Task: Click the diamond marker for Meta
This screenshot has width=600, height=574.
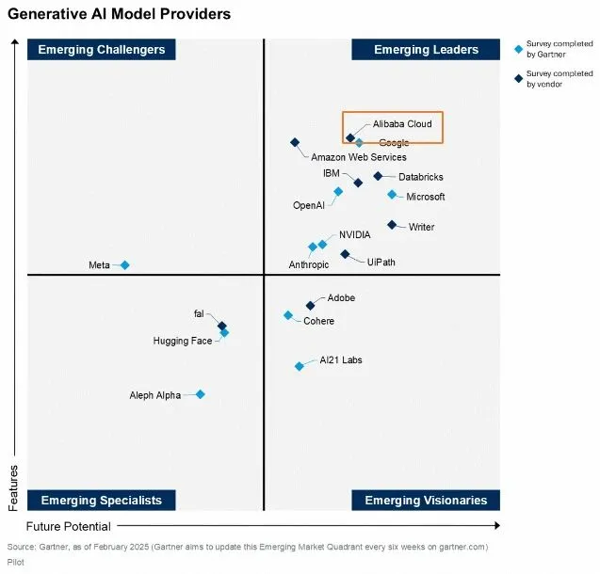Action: (x=124, y=265)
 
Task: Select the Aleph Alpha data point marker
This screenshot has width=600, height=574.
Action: (x=200, y=394)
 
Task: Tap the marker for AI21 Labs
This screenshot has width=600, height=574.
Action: (x=300, y=366)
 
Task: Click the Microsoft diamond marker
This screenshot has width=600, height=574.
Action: (x=392, y=195)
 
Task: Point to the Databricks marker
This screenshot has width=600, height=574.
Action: (x=378, y=176)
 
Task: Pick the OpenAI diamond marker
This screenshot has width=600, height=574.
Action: (x=338, y=191)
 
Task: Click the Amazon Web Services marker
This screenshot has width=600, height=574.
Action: (x=295, y=142)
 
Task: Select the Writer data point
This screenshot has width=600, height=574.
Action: (x=392, y=224)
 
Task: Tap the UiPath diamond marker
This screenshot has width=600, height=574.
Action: (x=345, y=254)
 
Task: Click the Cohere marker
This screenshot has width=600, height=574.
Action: (x=288, y=315)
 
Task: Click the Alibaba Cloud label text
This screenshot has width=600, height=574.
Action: (x=402, y=124)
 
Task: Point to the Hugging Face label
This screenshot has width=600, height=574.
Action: (x=183, y=341)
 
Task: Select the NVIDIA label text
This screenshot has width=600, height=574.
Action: (x=355, y=234)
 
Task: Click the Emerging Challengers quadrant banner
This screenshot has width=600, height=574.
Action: (x=97, y=50)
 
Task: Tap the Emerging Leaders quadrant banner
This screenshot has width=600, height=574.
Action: (x=426, y=50)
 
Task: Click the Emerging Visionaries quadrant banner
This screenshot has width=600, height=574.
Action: (x=426, y=500)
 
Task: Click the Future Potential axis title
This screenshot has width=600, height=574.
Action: (x=68, y=526)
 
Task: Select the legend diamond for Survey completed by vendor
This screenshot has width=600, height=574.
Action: (x=518, y=78)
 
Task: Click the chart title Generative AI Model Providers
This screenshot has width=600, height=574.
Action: (x=119, y=14)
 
